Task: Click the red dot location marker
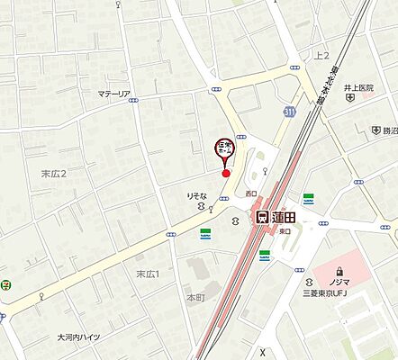(226, 173)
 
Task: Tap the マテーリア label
(114, 94)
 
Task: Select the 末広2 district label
(55, 173)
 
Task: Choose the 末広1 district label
(148, 273)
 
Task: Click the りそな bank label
(197, 194)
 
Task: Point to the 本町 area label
(196, 295)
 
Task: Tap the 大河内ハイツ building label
(80, 337)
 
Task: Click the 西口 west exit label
(250, 193)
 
